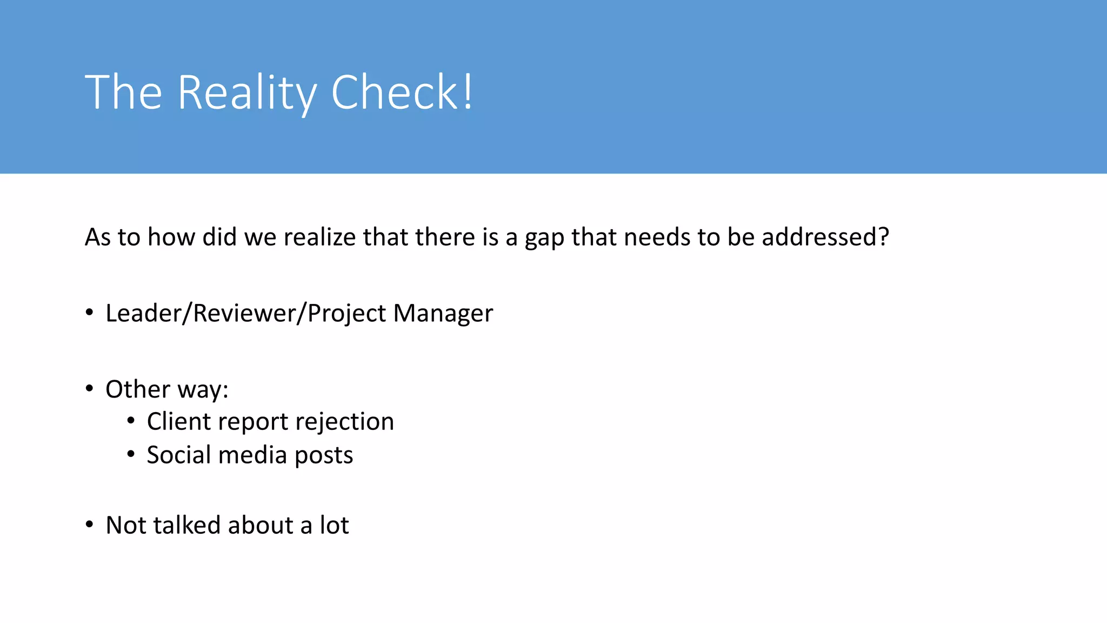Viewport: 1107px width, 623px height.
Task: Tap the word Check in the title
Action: pos(395,92)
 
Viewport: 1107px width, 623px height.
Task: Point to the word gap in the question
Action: pos(544,238)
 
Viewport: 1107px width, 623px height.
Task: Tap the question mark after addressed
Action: pos(883,237)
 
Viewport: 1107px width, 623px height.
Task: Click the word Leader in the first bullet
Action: pos(143,313)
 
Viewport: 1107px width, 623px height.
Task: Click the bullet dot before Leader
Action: pos(90,313)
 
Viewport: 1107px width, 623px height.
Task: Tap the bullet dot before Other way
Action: pos(90,388)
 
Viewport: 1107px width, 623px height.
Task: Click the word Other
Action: pos(138,389)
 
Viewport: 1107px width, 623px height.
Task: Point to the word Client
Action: pos(179,421)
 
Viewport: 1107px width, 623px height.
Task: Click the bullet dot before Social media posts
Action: pos(131,454)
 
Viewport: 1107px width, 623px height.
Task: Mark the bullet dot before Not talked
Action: pos(90,525)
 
